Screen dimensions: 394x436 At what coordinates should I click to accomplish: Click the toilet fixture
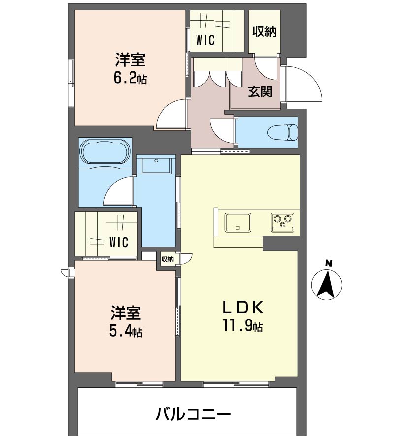[283, 132]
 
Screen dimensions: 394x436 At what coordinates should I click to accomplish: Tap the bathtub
[105, 151]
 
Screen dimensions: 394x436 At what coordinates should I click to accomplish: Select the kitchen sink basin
[238, 222]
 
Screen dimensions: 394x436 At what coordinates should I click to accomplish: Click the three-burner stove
[283, 222]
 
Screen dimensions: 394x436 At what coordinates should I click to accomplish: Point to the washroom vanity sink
[156, 166]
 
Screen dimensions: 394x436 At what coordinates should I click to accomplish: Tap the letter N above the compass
[329, 263]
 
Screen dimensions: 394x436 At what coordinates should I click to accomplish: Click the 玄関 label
[260, 92]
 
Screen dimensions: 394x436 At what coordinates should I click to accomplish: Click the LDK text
[242, 308]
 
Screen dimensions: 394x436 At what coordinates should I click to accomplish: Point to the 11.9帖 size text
[242, 325]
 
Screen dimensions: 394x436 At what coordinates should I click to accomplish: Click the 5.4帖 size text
[126, 331]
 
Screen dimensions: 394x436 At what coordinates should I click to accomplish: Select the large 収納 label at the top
[264, 31]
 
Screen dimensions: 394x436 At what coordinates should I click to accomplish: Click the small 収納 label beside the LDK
[167, 259]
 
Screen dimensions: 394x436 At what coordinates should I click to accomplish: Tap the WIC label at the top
[205, 40]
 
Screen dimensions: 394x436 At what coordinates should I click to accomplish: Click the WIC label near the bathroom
[119, 242]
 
